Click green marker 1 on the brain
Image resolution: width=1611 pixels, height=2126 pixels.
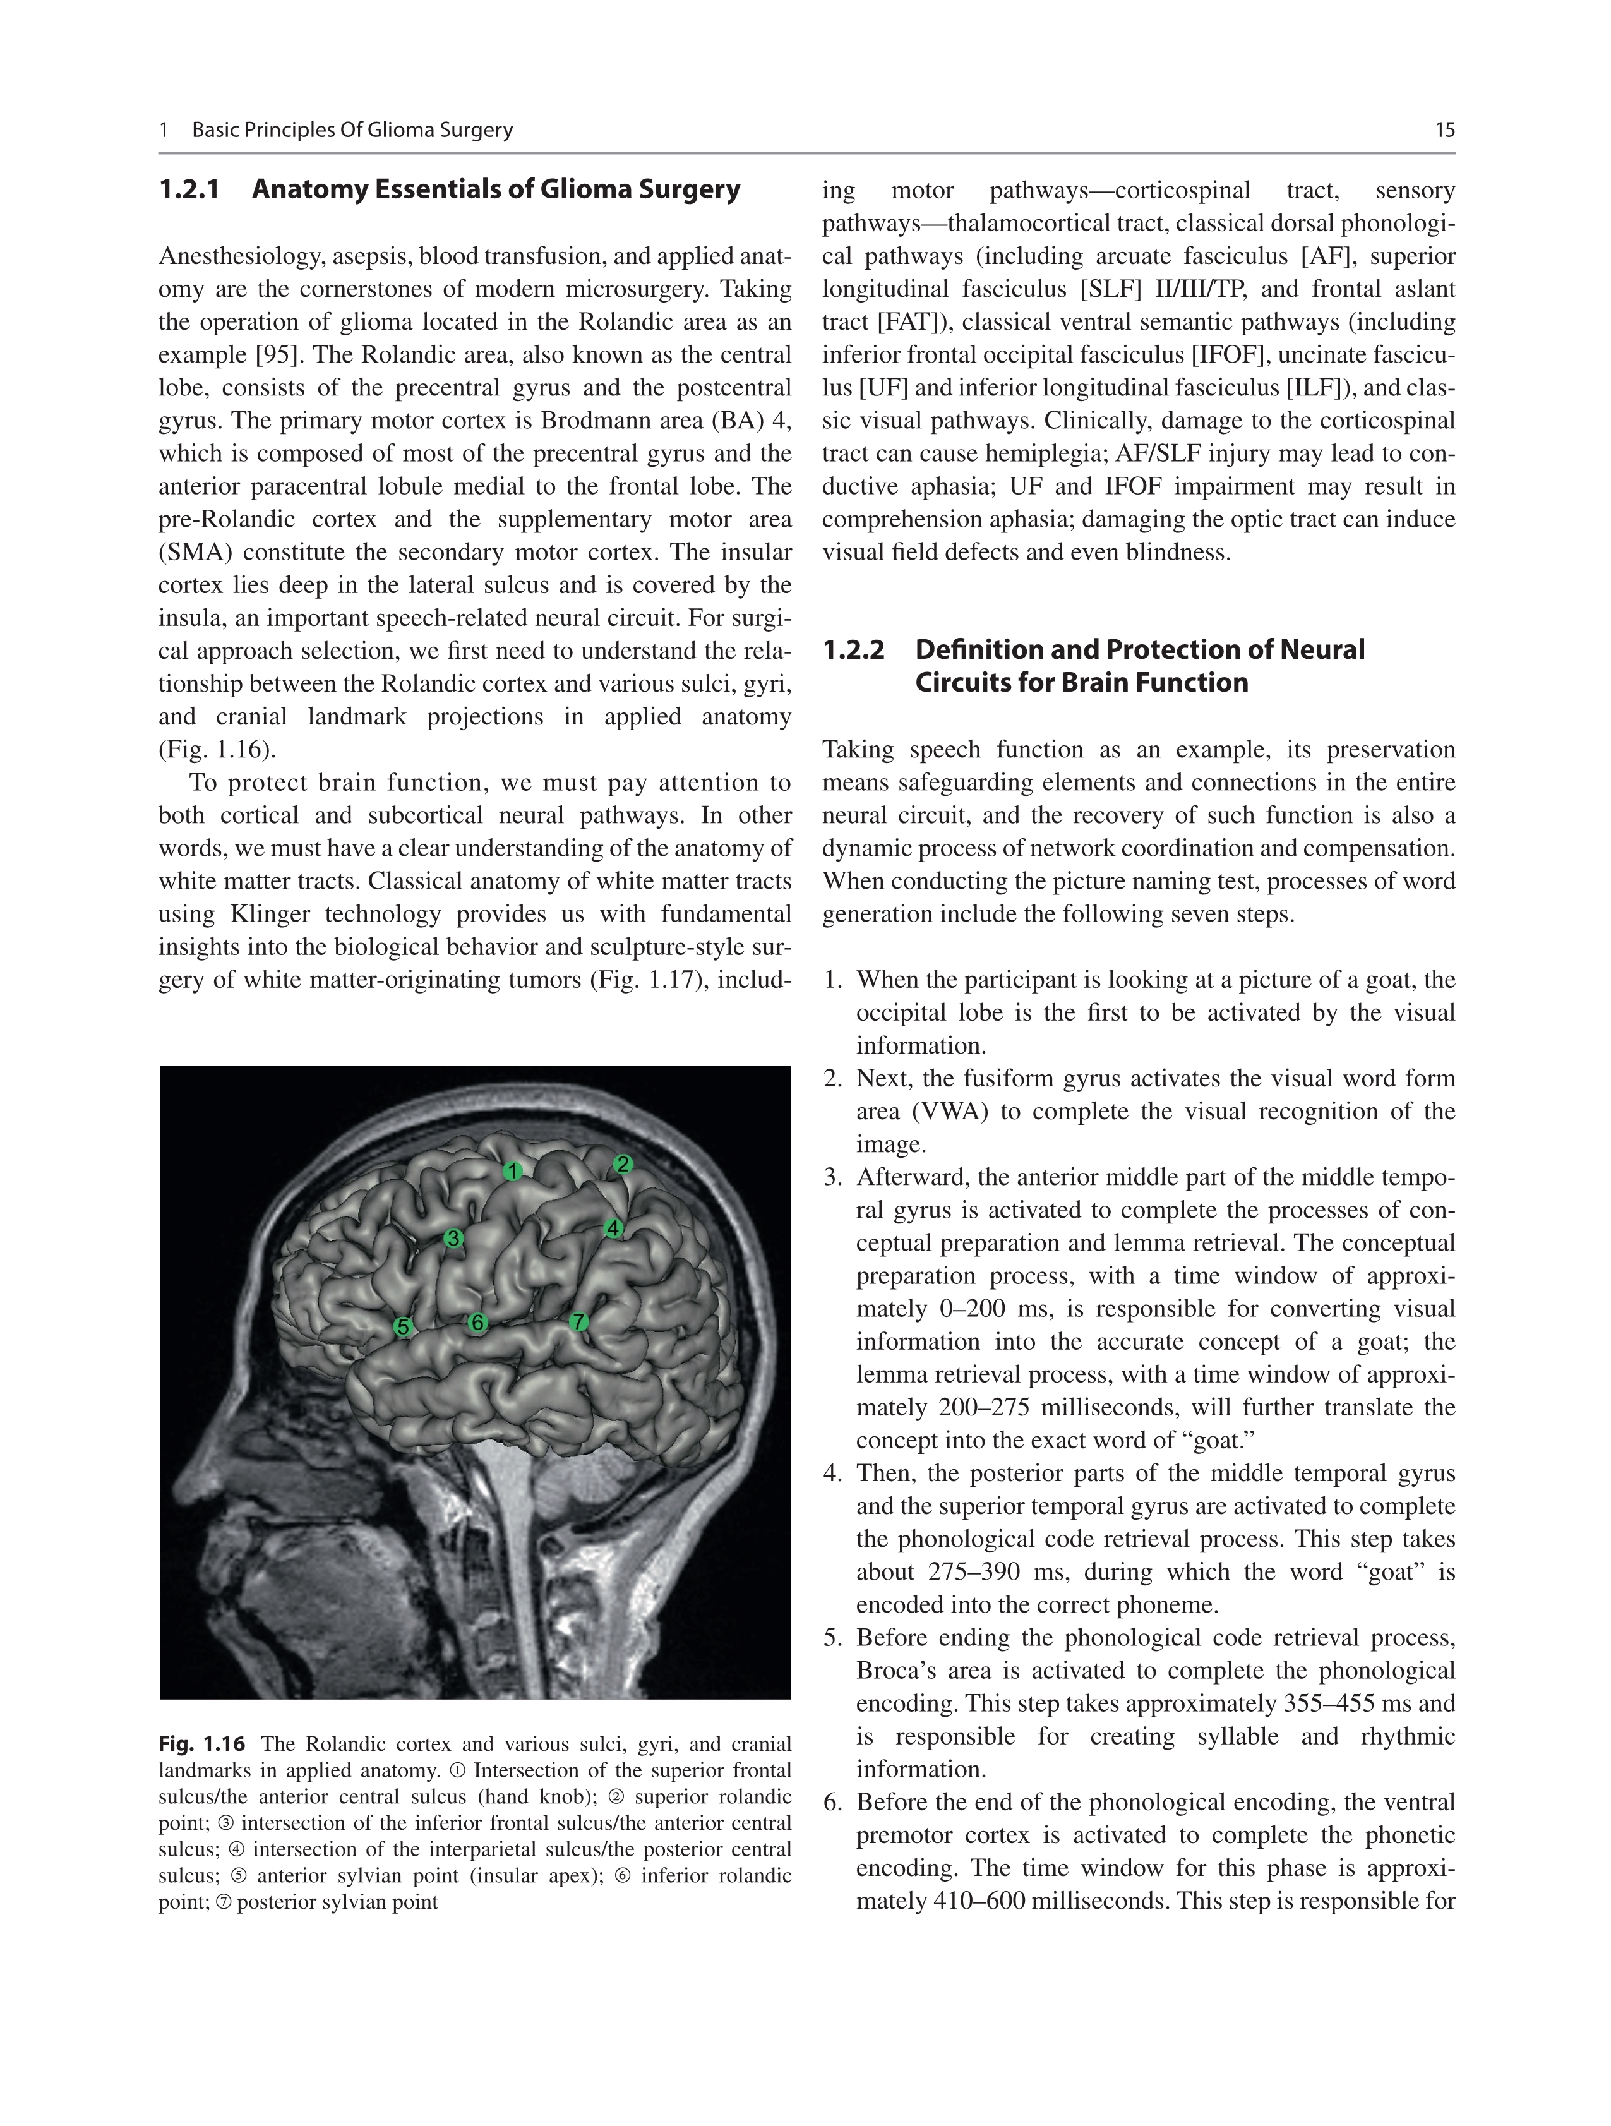(513, 1170)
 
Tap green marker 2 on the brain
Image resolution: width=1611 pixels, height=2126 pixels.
(623, 1165)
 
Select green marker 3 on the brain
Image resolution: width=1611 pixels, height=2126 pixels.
(453, 1239)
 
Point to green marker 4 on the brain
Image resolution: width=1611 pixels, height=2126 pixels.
(613, 1228)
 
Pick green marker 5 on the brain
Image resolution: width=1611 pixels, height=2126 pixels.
(404, 1327)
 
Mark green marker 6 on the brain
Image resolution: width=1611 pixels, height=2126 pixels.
(477, 1323)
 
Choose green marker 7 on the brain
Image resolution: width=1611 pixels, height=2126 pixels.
(578, 1321)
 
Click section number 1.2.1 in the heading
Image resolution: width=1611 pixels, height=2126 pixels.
(189, 189)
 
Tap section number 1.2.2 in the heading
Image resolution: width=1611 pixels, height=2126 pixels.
(853, 650)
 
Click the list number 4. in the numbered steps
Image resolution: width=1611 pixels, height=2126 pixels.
(834, 1474)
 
